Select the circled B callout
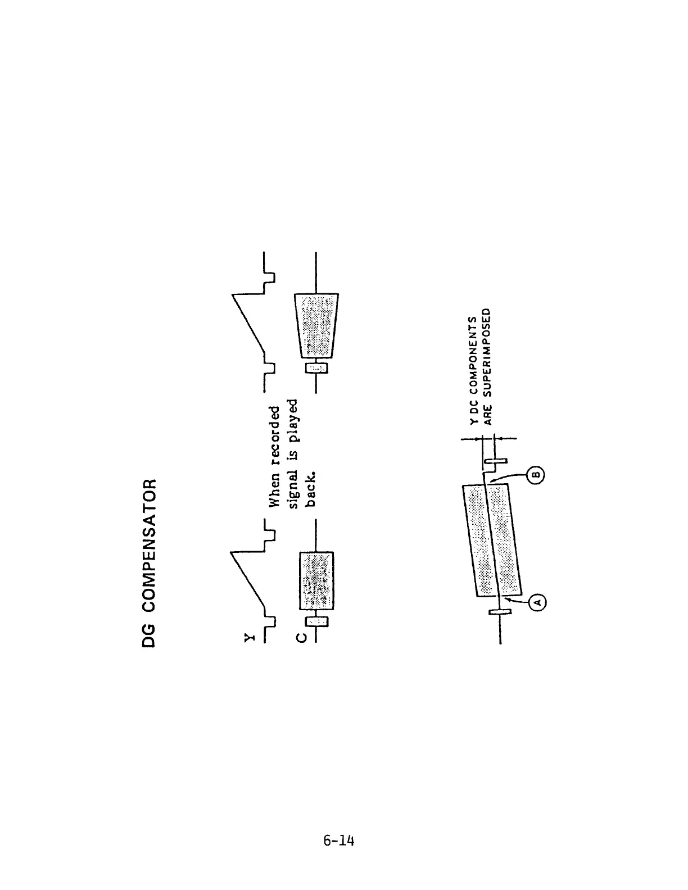point(536,475)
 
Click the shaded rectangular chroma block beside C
point(316,581)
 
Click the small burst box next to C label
point(316,621)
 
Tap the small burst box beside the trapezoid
point(315,367)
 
